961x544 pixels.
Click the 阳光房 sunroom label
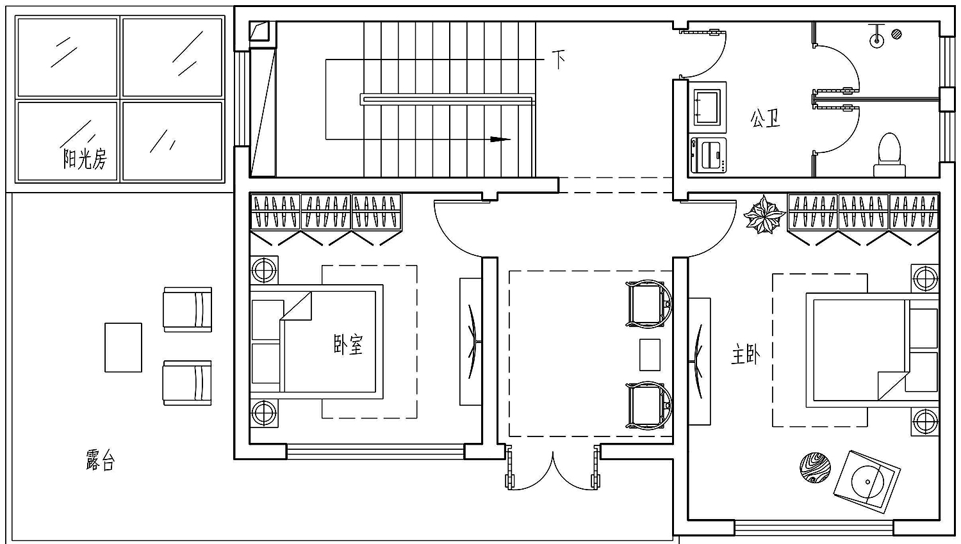click(x=85, y=159)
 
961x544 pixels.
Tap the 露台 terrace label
click(x=101, y=460)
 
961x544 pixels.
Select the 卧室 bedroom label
click(x=348, y=344)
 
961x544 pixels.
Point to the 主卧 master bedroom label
click(x=746, y=355)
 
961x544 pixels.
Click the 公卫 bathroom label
click(x=765, y=118)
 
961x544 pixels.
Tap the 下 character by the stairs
click(x=558, y=60)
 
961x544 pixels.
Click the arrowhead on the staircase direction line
click(x=500, y=139)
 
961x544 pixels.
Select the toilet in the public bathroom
click(x=889, y=154)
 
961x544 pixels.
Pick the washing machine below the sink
click(x=708, y=155)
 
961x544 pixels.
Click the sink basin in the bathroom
click(x=707, y=106)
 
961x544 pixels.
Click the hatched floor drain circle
click(x=896, y=35)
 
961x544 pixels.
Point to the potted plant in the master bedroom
click(x=764, y=214)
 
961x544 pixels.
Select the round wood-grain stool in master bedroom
click(x=815, y=467)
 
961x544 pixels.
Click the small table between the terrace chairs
click(x=123, y=348)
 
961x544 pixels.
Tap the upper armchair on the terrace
click(x=188, y=310)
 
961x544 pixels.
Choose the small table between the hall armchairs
click(x=650, y=355)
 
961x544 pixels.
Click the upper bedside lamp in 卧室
click(x=264, y=269)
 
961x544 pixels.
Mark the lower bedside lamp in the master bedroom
click(x=925, y=421)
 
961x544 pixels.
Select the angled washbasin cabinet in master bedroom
click(x=867, y=482)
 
